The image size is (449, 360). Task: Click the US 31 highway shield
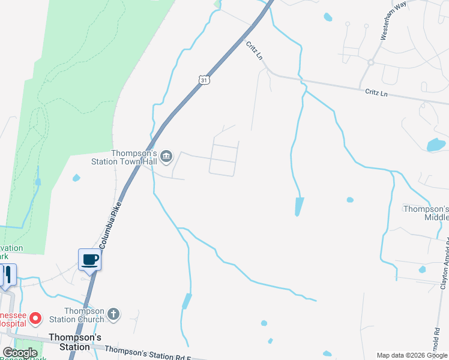pyautogui.click(x=205, y=80)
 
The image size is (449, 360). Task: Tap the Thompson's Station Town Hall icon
pyautogui.click(x=167, y=157)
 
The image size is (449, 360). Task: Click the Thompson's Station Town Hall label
pyautogui.click(x=124, y=157)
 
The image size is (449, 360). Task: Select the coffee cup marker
pyautogui.click(x=90, y=260)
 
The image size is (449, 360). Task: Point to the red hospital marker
pyautogui.click(x=35, y=317)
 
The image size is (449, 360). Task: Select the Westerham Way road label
pyautogui.click(x=393, y=23)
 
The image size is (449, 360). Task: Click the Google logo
pyautogui.click(x=20, y=353)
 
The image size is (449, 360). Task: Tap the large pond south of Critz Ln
pyautogui.click(x=436, y=145)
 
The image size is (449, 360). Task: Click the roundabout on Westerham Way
pyautogui.click(x=371, y=62)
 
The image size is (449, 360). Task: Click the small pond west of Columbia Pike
pyautogui.click(x=76, y=178)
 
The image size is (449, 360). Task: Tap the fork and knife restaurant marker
pyautogui.click(x=7, y=275)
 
